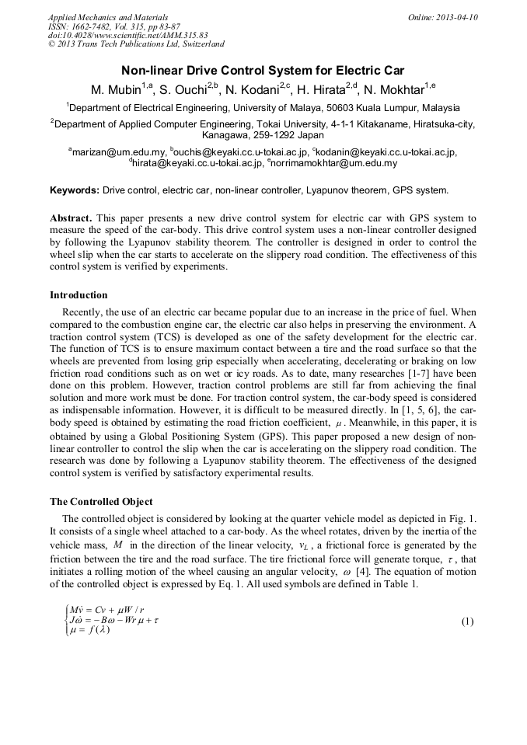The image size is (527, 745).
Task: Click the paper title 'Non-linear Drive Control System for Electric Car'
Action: pos(263,70)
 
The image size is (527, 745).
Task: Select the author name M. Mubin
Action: pos(117,89)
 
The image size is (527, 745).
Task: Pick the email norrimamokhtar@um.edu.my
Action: pos(334,164)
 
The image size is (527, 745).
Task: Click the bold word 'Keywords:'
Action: pos(75,190)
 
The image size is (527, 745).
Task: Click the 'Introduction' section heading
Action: pos(79,295)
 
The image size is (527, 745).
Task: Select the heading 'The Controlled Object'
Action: pos(101,501)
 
